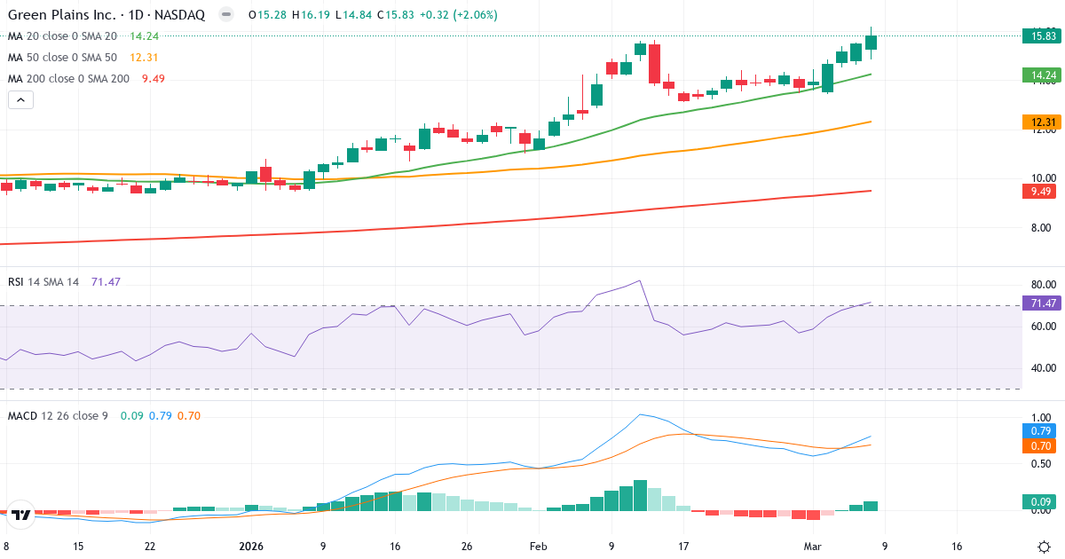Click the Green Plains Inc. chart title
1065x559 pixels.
(106, 15)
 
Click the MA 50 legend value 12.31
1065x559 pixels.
(144, 57)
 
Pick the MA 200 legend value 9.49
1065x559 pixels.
(154, 78)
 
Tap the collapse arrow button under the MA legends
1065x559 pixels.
(20, 99)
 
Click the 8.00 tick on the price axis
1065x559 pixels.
(1043, 228)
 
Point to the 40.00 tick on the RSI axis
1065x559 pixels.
(1043, 367)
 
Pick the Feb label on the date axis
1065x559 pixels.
(540, 547)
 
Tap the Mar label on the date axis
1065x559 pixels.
(813, 547)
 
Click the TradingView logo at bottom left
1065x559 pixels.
(21, 513)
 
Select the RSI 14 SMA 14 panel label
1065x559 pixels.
(43, 281)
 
